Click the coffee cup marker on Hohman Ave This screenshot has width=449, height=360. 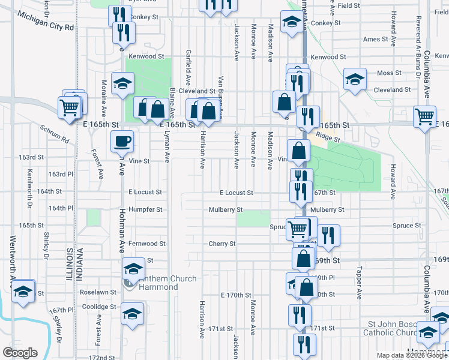[x=122, y=142]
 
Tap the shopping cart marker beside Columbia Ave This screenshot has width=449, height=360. [x=425, y=115]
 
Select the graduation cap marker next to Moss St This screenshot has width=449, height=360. [x=355, y=79]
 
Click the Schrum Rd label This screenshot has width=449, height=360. [x=55, y=134]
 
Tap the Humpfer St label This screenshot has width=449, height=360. [x=147, y=210]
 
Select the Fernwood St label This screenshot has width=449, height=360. [x=146, y=244]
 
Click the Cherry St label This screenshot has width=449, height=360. [x=221, y=244]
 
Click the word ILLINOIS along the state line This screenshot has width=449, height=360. [x=71, y=263]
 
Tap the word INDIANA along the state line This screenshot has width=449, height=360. [x=80, y=263]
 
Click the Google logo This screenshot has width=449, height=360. [x=20, y=353]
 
